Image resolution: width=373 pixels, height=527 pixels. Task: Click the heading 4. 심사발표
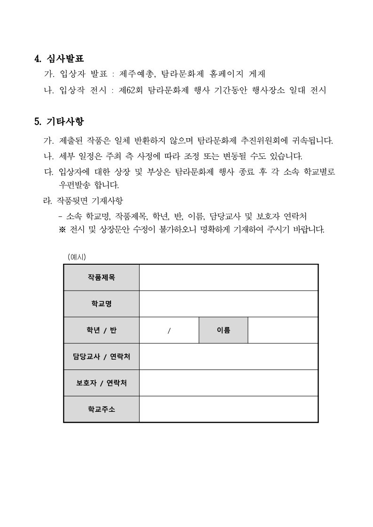click(59, 59)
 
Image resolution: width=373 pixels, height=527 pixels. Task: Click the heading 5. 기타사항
click(59, 122)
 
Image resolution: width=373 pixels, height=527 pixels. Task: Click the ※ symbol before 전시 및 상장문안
click(62, 230)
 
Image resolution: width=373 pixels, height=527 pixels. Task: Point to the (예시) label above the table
click(77, 257)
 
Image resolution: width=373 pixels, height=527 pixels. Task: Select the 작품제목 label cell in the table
click(101, 277)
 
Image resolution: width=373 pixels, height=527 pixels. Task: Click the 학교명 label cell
click(101, 304)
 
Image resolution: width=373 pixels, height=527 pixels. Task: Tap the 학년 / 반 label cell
click(101, 330)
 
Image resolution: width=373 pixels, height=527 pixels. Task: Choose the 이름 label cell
click(223, 330)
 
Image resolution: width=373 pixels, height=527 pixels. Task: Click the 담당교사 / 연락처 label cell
click(101, 356)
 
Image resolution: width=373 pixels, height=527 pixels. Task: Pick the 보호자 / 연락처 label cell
click(101, 383)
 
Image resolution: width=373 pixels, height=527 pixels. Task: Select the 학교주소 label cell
click(101, 409)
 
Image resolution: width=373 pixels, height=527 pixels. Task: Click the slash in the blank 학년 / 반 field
click(169, 330)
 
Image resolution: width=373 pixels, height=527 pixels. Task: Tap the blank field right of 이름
click(283, 330)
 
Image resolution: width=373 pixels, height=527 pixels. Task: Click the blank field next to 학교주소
click(229, 409)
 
